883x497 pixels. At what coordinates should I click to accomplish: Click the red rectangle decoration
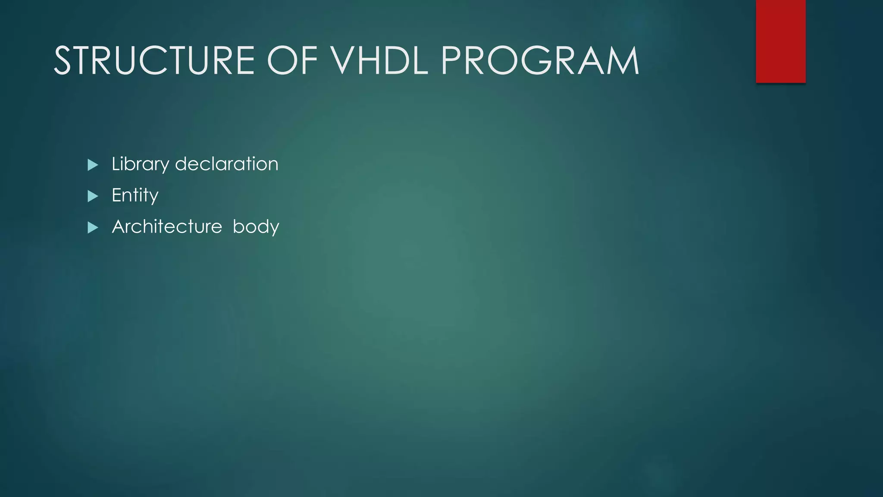[780, 41]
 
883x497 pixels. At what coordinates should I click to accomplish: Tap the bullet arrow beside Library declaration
[93, 165]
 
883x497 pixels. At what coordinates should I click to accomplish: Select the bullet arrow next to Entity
[93, 196]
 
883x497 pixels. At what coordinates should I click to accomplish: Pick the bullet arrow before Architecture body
[93, 227]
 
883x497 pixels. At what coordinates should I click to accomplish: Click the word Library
[140, 164]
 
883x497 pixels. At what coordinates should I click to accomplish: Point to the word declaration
[227, 164]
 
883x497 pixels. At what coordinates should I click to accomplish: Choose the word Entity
[135, 195]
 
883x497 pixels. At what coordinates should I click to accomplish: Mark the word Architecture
[167, 227]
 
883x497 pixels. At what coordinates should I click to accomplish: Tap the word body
[256, 227]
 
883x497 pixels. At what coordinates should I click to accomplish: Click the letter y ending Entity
[154, 197]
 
